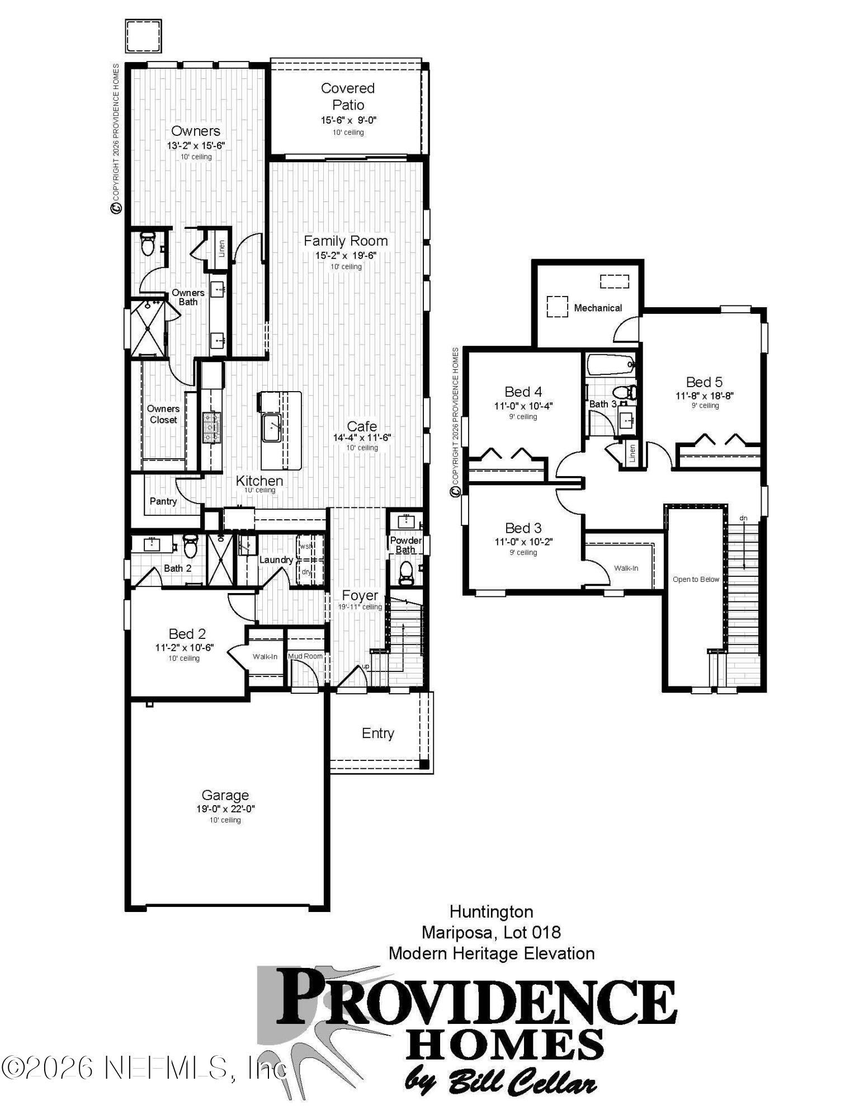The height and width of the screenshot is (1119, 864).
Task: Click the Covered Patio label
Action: (347, 96)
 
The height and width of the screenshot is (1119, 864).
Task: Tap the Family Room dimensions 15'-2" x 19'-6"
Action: (345, 256)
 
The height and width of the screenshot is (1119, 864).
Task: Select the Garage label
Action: (225, 795)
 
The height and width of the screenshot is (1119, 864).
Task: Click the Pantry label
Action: (163, 501)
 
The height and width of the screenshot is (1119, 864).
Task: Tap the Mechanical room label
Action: (597, 308)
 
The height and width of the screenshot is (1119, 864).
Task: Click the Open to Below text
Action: (696, 579)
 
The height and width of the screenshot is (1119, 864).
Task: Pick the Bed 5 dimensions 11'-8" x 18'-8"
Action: (704, 396)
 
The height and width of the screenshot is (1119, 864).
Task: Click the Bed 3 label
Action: (523, 528)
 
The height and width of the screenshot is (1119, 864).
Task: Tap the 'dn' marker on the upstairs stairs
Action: (743, 518)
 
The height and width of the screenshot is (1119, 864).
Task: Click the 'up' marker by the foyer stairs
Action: (366, 666)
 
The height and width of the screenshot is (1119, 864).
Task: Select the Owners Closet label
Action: (163, 414)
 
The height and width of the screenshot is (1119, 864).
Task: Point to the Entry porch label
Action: (377, 733)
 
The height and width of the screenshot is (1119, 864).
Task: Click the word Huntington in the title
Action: (491, 911)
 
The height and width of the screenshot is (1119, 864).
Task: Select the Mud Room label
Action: (305, 656)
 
